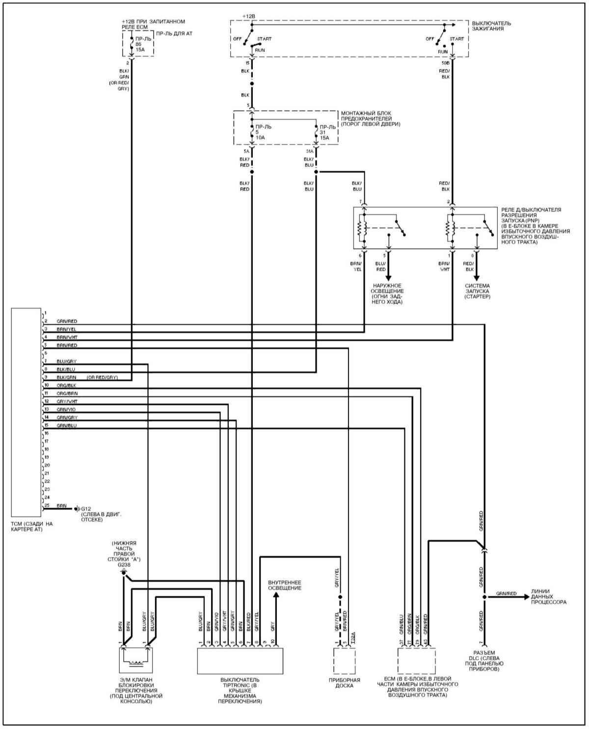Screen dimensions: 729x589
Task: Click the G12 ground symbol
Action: pos(77,508)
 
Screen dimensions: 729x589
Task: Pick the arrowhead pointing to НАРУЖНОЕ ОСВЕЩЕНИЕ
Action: pos(388,277)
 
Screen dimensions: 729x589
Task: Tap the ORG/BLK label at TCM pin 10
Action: pos(66,386)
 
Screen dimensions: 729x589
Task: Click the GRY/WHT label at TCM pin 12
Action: pos(67,401)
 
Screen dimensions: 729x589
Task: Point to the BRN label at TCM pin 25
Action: pos(62,505)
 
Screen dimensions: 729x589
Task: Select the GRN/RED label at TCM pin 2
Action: pos(67,321)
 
